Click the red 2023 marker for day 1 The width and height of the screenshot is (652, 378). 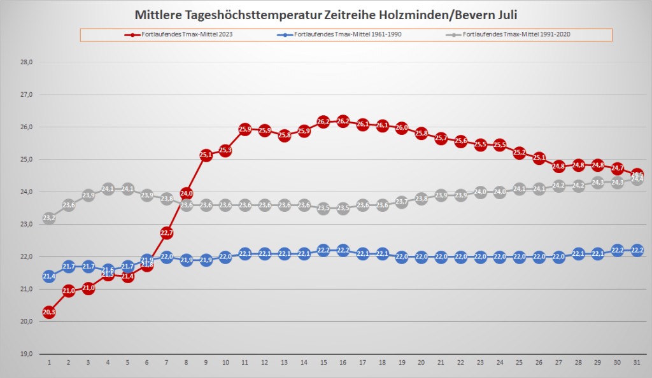49,312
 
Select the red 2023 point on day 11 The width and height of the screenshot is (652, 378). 245,129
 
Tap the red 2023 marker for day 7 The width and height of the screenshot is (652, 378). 167,233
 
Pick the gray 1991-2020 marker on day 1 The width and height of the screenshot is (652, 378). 49,218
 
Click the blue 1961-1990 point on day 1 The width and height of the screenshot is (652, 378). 49,276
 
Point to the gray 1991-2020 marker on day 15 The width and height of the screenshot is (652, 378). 323,208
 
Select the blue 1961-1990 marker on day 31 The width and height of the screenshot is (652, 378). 637,250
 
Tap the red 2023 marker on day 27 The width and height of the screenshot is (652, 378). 559,166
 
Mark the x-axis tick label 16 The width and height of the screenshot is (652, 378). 343,362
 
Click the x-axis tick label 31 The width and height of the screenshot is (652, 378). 637,362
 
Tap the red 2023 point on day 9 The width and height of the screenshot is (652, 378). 206,155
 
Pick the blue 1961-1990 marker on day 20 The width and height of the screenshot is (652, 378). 422,256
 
